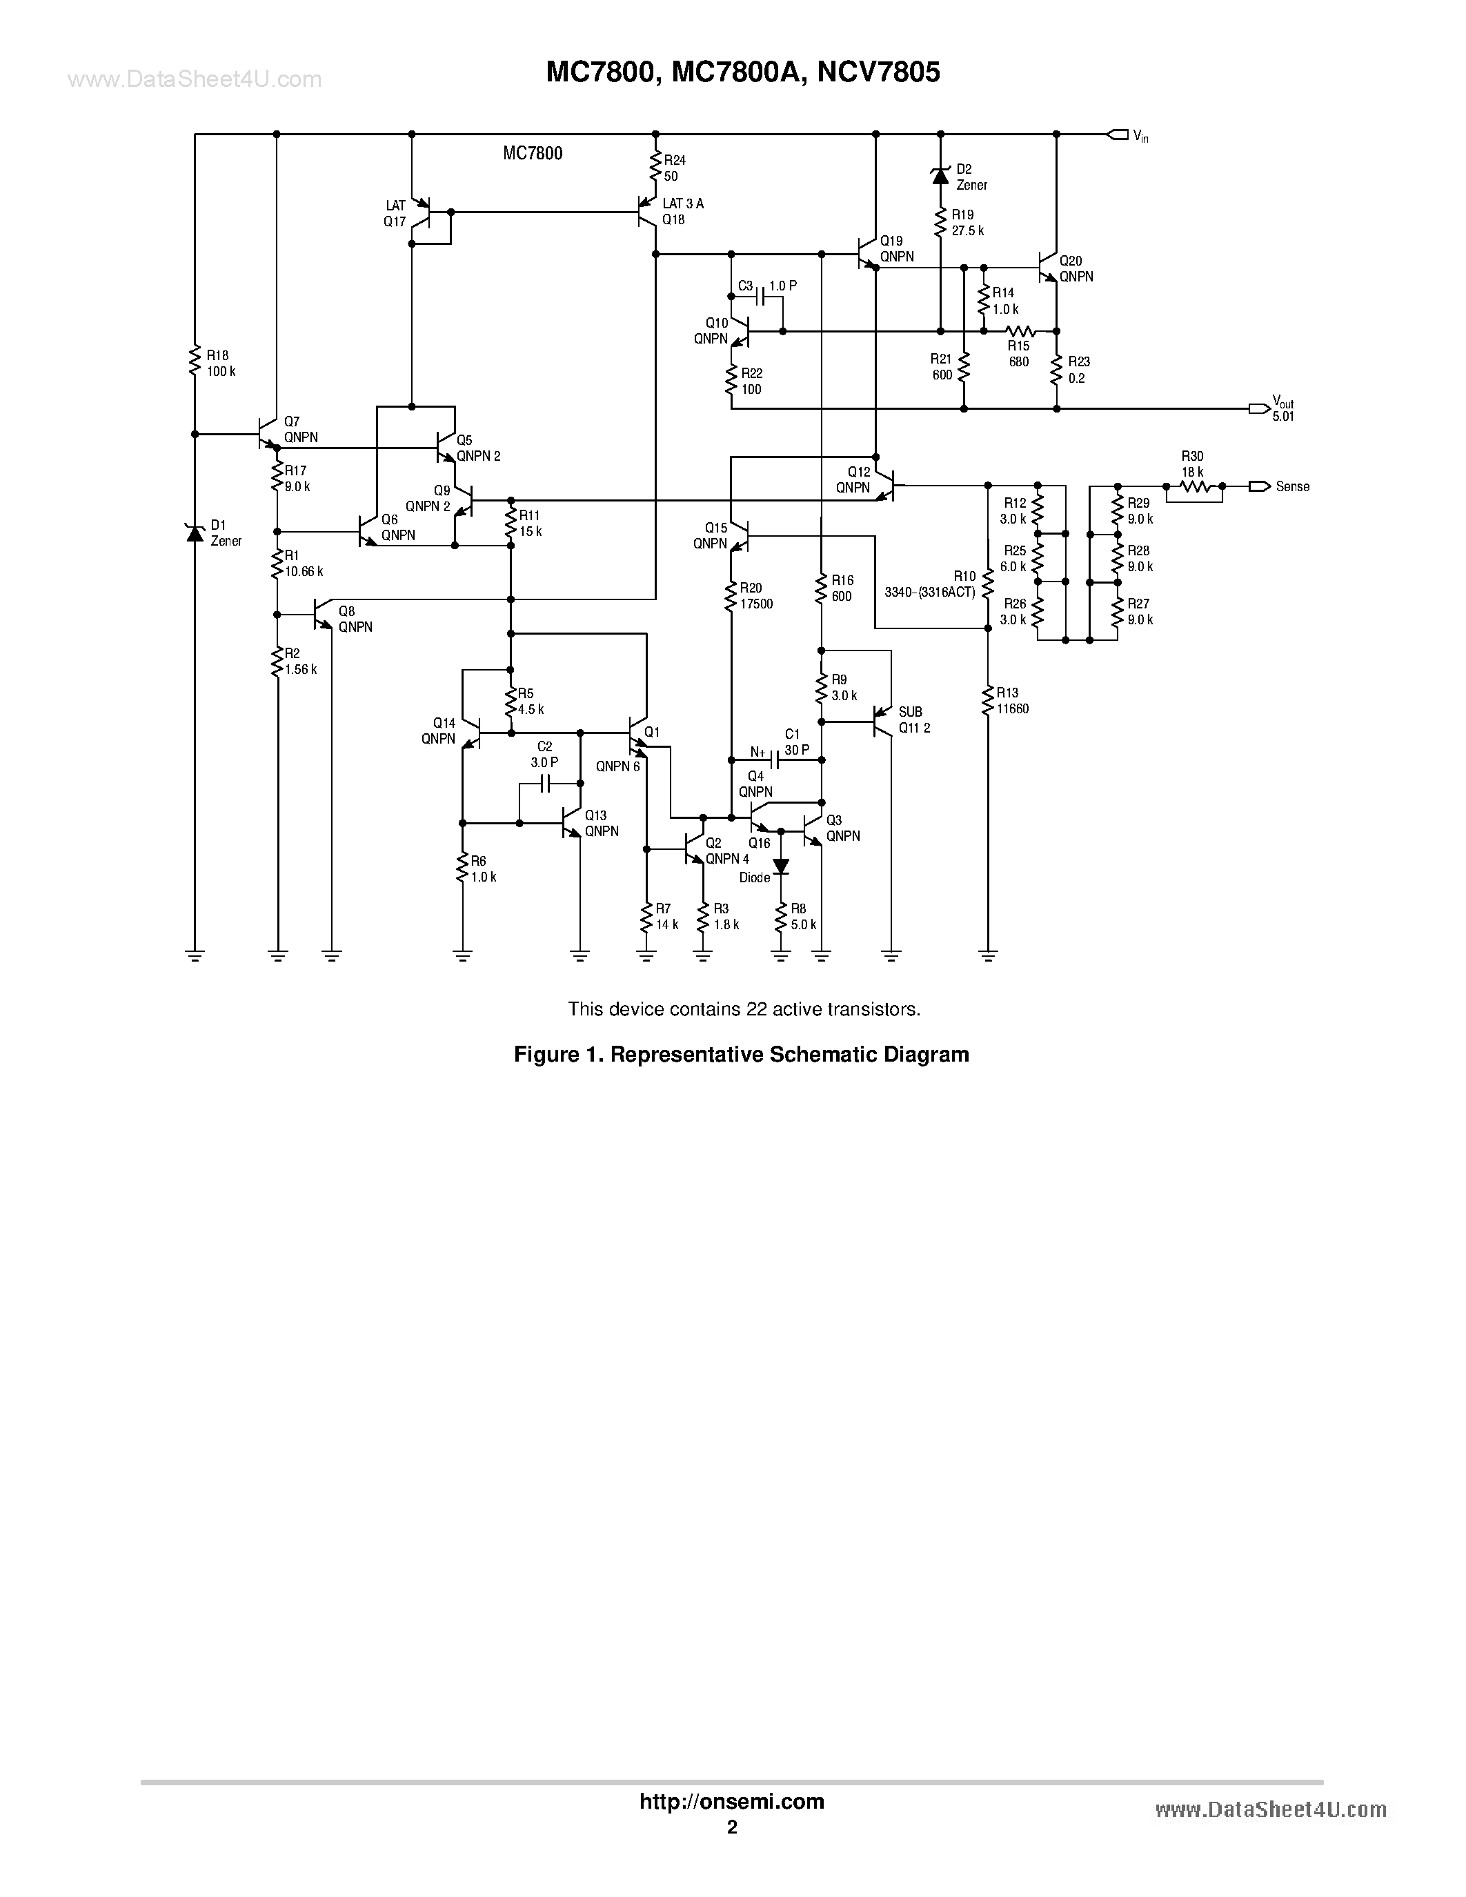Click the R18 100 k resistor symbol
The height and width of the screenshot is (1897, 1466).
[195, 361]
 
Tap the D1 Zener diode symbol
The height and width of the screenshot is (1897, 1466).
[195, 533]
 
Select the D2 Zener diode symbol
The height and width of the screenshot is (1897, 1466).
[940, 177]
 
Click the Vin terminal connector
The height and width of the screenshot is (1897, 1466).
[1118, 135]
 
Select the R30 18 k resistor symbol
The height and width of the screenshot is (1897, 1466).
[1193, 487]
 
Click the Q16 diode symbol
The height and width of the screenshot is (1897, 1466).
[781, 866]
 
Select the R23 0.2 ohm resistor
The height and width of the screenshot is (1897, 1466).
[1057, 370]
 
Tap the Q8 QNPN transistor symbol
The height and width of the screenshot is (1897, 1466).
[323, 614]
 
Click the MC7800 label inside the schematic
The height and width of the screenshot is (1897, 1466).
[533, 154]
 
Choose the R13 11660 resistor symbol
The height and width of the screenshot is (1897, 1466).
[987, 700]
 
